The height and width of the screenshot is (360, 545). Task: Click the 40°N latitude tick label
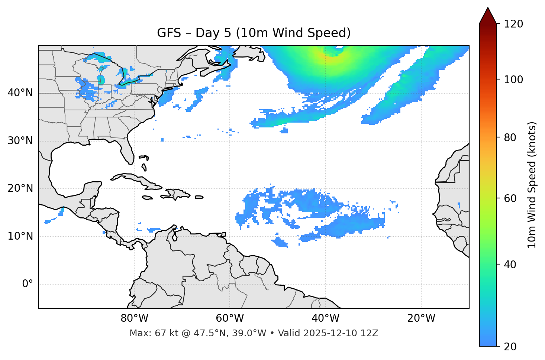click(x=20, y=93)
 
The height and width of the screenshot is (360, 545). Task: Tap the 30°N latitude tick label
click(x=20, y=141)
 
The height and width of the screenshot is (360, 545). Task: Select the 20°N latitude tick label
click(x=20, y=189)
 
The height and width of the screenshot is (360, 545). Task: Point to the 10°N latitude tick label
click(x=20, y=236)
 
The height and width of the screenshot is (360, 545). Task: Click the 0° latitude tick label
click(x=27, y=284)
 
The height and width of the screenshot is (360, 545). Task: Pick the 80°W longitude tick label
click(x=134, y=318)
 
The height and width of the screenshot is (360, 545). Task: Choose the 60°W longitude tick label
click(x=230, y=318)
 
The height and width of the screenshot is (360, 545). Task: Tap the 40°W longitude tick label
click(x=325, y=318)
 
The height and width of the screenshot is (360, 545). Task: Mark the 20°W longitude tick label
click(x=421, y=318)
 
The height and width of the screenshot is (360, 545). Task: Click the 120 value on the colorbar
click(x=513, y=24)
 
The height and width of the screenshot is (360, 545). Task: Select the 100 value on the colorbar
click(x=513, y=80)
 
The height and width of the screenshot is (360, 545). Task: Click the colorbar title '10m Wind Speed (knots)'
click(x=532, y=185)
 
